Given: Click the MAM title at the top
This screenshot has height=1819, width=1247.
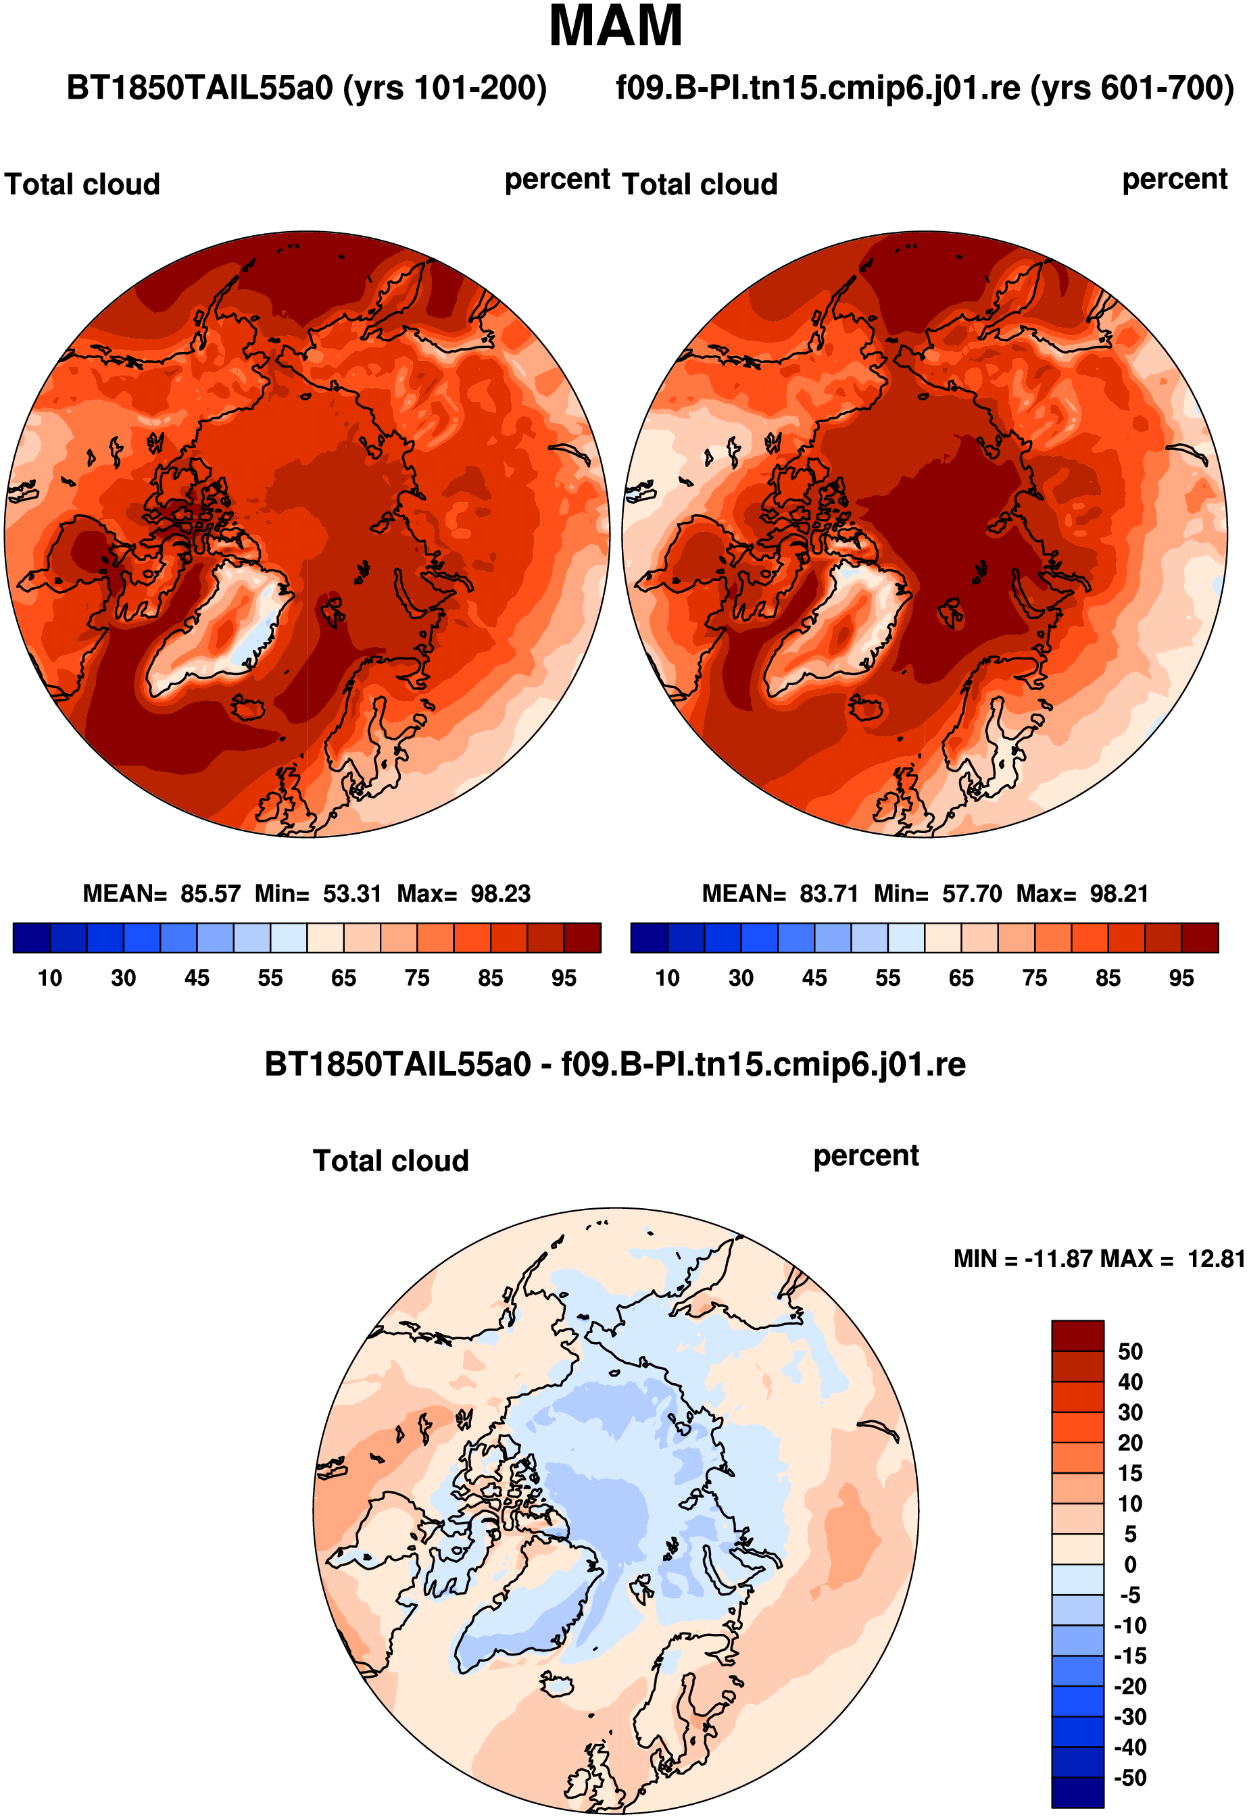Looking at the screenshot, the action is pos(616,26).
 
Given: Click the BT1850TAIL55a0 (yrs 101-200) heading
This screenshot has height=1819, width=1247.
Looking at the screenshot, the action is pos(306,89).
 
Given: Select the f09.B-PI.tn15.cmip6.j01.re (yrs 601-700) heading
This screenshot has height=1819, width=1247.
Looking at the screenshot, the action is pos(925,89).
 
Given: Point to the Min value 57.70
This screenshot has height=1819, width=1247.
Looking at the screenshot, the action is pos(971,893).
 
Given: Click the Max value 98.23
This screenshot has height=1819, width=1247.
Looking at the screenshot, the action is pos(500,893).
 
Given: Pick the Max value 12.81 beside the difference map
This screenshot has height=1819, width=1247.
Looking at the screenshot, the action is pos(1216,1259).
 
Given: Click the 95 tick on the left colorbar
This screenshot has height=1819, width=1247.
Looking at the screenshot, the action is pos(564,978).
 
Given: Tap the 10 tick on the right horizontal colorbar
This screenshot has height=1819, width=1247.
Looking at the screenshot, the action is pos(667,978).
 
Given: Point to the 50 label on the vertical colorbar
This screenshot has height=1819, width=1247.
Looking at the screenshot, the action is pos(1130,1351).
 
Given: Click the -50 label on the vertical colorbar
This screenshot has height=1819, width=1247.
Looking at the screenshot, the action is pos(1130,1778).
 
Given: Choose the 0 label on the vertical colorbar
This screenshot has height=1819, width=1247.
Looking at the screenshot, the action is pos(1130,1565).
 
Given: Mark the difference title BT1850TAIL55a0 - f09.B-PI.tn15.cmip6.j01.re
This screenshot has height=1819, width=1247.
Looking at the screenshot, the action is pos(615,1064).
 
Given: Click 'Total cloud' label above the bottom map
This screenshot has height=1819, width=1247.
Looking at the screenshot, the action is pos(391,1161).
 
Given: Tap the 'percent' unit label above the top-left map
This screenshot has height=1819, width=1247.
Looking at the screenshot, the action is pos(556,180).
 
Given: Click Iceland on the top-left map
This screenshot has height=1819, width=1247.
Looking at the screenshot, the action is pos(249,709).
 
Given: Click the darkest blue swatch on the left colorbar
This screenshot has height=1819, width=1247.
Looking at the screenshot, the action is pos(32,938).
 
